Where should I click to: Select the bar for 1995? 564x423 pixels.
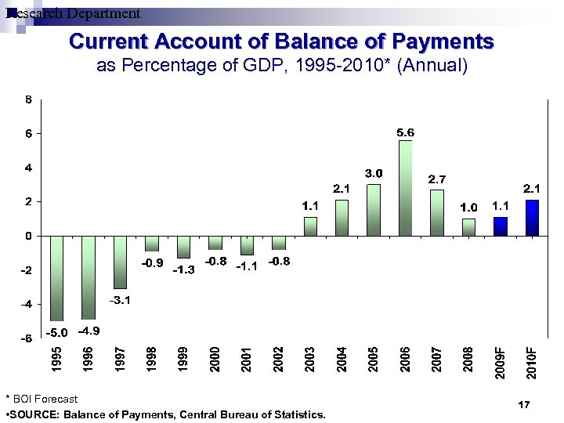coord(56,278)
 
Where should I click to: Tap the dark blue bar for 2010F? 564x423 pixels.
coord(532,218)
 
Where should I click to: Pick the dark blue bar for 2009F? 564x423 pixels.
coord(501,226)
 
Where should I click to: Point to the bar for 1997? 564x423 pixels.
coord(120,262)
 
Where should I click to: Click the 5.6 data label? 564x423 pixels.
coord(405,133)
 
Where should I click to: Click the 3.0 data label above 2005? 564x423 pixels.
coord(374,172)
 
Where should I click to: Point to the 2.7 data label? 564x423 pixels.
coord(437,179)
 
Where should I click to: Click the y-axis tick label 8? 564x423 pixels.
coord(28,99)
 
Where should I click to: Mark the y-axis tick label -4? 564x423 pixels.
coord(26,304)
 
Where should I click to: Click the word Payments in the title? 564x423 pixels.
coord(443,41)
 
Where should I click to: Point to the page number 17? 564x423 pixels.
coord(525,404)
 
